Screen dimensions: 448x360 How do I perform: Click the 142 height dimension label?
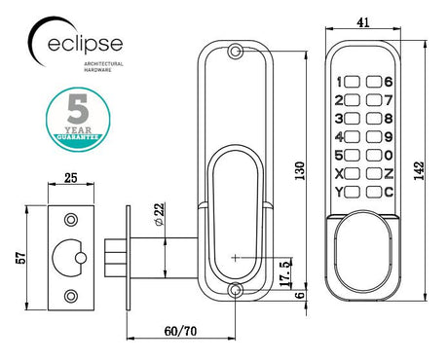point(419,170)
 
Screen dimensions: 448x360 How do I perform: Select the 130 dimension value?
point(299,170)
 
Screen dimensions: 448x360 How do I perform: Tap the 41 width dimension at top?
point(363,22)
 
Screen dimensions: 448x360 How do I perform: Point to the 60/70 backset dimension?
point(180,331)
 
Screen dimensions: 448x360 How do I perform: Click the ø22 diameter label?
point(160,214)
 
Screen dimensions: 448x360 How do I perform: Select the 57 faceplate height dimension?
point(20,258)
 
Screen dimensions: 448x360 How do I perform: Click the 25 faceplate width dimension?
point(71,178)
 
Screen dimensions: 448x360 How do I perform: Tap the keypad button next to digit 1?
point(352,82)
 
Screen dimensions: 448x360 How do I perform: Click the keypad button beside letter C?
point(374,193)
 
